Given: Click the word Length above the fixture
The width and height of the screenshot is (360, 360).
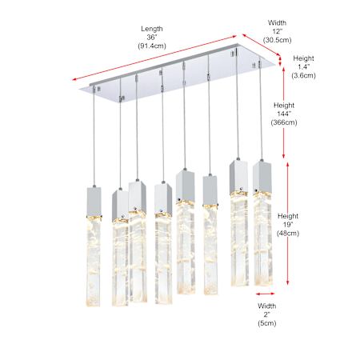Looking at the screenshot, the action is (152, 29).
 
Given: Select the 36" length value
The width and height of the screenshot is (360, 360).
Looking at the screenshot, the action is (151, 38).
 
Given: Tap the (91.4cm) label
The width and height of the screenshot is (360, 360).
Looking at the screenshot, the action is (152, 46).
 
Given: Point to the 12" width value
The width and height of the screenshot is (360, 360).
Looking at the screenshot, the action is (277, 31).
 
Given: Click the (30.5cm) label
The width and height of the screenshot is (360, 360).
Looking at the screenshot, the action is (277, 40).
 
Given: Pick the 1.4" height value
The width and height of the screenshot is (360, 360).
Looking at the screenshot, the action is (304, 66).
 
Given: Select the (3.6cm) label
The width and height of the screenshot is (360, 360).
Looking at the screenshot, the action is (303, 75).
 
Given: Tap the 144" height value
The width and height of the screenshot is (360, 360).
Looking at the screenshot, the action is (284, 114).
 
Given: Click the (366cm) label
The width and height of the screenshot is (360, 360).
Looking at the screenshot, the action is (284, 122).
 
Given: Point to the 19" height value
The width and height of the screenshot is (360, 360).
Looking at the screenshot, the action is (288, 225).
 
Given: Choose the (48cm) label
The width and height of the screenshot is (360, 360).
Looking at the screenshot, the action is (288, 233).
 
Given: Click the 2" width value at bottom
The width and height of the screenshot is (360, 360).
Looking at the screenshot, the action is (267, 314).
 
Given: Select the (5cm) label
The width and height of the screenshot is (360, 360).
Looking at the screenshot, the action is (267, 323).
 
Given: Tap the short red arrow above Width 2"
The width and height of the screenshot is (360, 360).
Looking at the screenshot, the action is (266, 294).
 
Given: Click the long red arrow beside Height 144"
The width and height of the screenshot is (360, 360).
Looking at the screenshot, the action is (284, 112).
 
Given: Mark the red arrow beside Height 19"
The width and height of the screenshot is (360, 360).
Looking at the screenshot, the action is (287, 223).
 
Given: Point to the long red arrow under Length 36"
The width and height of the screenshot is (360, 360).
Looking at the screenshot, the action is (154, 58).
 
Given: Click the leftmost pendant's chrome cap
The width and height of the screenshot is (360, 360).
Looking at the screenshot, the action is (94, 202).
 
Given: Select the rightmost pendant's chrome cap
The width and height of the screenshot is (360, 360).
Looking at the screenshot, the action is (262, 176).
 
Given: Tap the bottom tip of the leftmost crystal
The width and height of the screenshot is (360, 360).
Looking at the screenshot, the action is (94, 306).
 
